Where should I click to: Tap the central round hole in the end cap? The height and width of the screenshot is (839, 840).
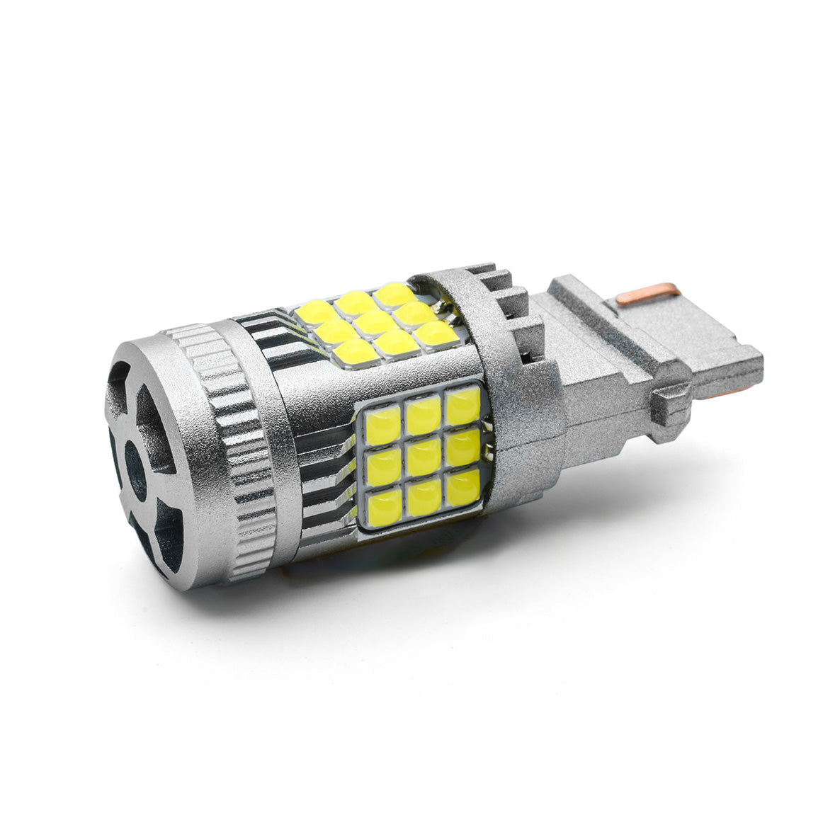pos(135,469)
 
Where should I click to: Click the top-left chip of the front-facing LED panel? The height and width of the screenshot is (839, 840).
pos(383,426)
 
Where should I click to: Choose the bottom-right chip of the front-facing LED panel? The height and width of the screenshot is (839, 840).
pos(464,486)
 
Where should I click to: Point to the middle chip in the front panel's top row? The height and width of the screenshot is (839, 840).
pos(424,416)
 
